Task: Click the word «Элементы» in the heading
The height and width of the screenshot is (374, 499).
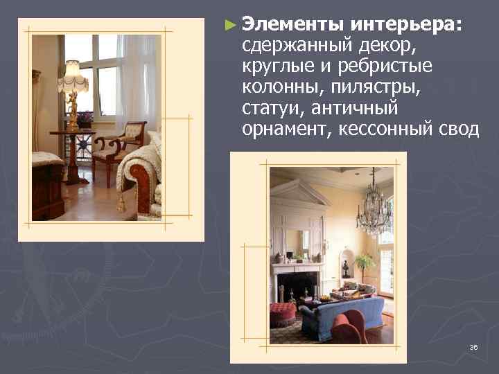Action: tap(294, 25)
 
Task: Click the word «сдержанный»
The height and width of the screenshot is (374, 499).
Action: tap(298, 46)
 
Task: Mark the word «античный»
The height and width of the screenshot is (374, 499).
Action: tap(354, 109)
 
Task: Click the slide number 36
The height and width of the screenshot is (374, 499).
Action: tap(473, 347)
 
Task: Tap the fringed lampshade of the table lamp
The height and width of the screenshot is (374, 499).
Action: tap(72, 78)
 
